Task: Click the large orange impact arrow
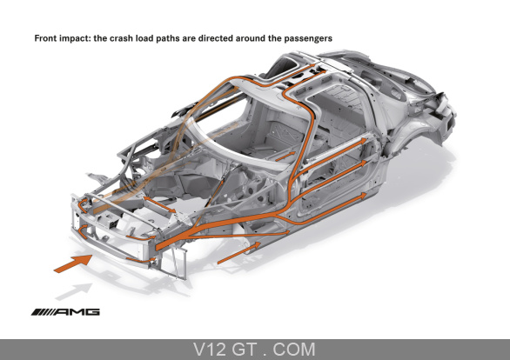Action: [x=73, y=263]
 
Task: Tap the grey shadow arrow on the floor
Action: [x=74, y=291]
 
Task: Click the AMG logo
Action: [x=65, y=312]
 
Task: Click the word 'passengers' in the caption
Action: [x=308, y=38]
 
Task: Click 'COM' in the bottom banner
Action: [x=294, y=350]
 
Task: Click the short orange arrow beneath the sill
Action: [x=238, y=253]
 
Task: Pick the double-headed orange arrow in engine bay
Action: [x=159, y=204]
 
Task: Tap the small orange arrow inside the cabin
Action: [x=285, y=157]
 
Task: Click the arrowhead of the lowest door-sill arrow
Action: [x=363, y=196]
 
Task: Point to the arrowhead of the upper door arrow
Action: [x=363, y=141]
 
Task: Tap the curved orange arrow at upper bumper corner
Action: [x=83, y=204]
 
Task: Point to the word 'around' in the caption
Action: [x=251, y=38]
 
